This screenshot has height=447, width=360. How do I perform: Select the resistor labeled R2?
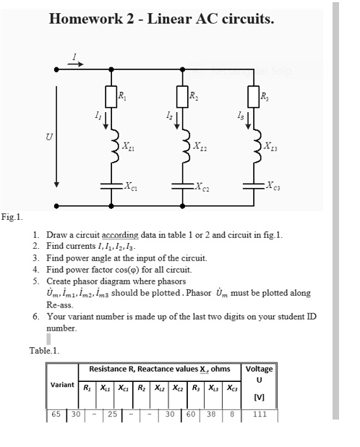[180, 95]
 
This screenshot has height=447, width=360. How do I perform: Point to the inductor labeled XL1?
[113, 148]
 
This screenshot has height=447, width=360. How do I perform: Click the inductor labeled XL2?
[181, 148]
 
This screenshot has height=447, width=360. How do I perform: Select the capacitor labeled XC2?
[180, 184]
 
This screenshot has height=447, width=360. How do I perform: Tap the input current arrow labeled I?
[76, 62]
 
